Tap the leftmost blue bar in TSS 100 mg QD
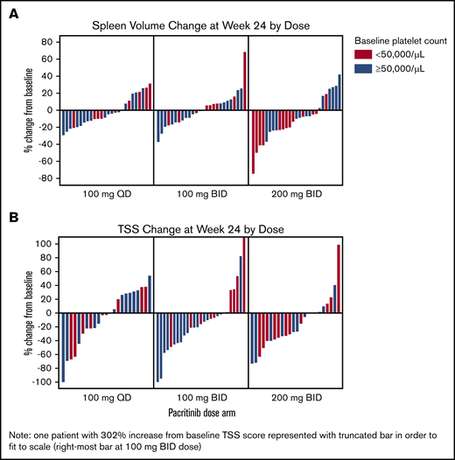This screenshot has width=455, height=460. coord(64,347)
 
